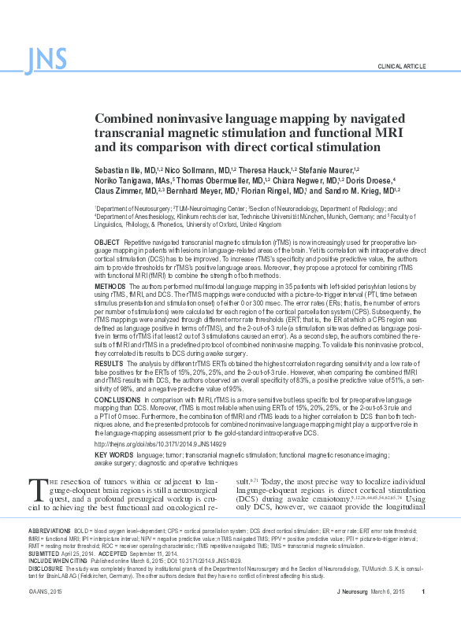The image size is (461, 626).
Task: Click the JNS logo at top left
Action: tap(46, 57)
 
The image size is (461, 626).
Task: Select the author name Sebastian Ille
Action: tap(117, 169)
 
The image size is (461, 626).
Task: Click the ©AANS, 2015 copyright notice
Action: tap(44, 613)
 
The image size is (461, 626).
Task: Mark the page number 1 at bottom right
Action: tap(424, 613)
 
